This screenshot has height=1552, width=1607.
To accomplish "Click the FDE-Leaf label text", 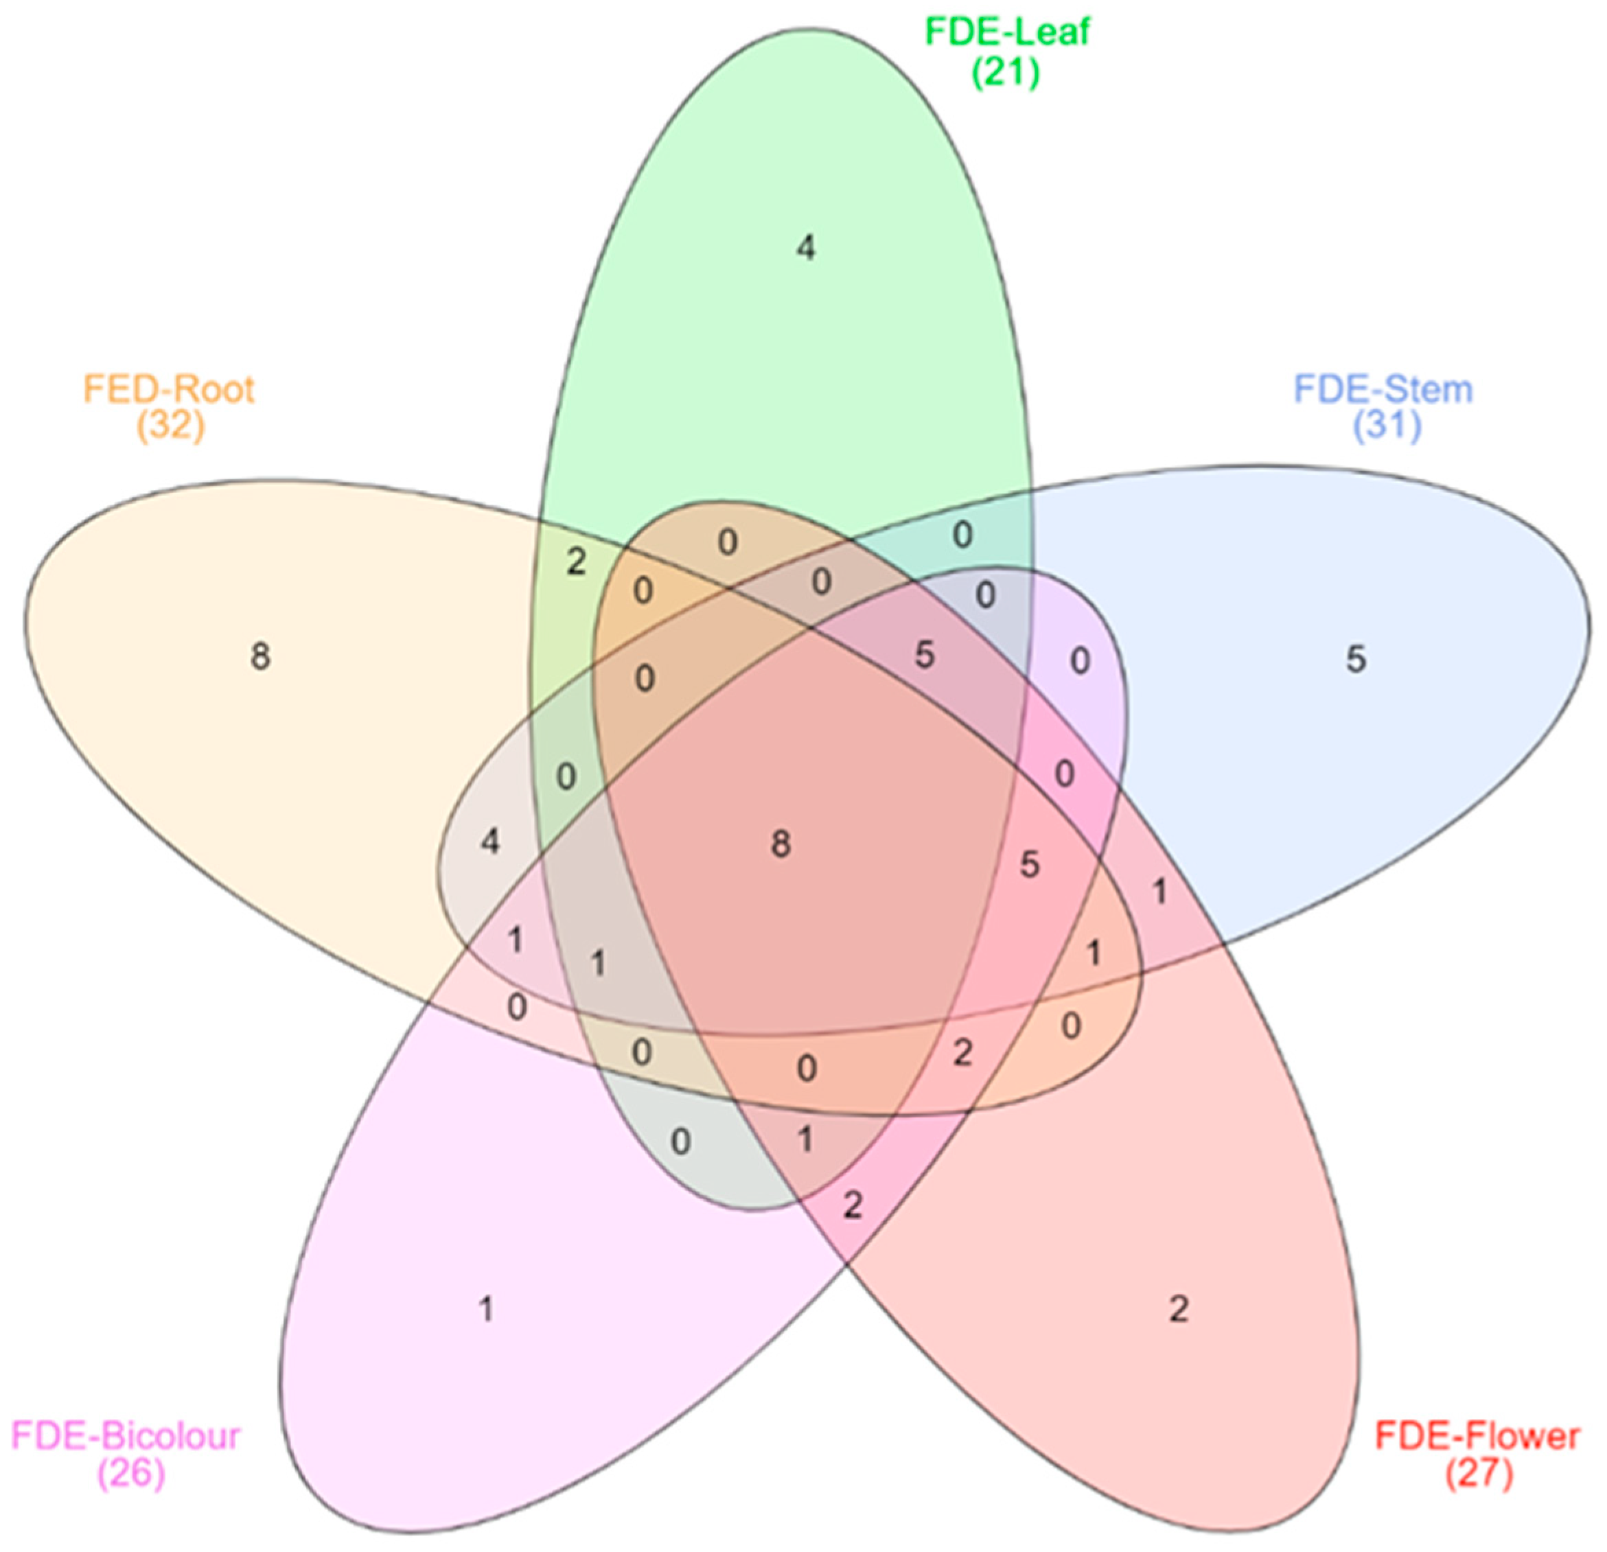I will [1007, 33].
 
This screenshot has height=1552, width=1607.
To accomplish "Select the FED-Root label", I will [170, 389].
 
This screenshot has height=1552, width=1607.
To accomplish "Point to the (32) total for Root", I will [170, 426].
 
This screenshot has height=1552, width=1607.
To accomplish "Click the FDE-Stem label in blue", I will [1383, 389].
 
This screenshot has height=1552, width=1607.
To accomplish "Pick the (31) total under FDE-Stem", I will [1387, 426].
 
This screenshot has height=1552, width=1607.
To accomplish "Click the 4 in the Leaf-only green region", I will [806, 248].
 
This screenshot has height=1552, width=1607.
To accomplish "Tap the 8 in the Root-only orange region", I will [260, 656].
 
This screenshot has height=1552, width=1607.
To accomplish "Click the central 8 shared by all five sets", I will [781, 844].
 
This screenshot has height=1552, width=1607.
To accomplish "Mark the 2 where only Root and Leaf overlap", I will [577, 562].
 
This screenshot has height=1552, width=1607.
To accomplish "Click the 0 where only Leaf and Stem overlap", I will [962, 535].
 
